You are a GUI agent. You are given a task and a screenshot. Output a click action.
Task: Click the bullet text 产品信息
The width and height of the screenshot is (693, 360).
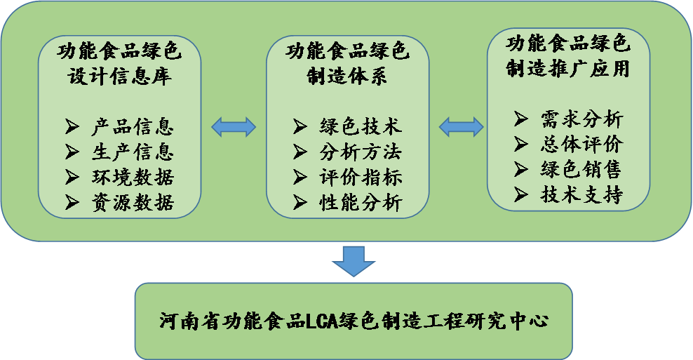point(132,127)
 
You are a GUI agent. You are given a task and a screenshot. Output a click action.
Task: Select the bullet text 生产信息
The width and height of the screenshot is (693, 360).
point(132,152)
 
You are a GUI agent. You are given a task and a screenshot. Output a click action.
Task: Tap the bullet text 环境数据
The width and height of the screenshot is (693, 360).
point(132,176)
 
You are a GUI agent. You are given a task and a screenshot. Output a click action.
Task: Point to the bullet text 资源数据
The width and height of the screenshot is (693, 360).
point(132,202)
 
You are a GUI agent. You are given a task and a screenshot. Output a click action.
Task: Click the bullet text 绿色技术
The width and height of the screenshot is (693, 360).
point(361,127)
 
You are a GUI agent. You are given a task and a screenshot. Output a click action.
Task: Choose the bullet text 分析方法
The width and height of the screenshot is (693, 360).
point(361,152)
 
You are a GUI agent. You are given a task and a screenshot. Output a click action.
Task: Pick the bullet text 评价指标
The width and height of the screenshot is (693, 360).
point(361,176)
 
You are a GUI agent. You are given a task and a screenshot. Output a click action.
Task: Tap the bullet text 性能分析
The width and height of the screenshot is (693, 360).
point(361,202)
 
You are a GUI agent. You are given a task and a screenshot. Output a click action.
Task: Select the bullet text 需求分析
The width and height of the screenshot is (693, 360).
point(581,119)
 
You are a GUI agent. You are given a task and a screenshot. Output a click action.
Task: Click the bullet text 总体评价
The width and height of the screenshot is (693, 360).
point(581,144)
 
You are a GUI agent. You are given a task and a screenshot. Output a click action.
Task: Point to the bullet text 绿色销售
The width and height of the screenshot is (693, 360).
point(581,169)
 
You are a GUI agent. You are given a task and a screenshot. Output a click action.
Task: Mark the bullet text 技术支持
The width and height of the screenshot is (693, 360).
point(581,194)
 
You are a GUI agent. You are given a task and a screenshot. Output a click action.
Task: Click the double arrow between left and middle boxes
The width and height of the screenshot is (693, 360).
point(234,127)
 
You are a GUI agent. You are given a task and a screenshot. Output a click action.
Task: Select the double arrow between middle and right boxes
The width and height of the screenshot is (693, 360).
point(461,127)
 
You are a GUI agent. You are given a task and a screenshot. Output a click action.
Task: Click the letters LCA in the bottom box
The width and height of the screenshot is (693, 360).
point(321,322)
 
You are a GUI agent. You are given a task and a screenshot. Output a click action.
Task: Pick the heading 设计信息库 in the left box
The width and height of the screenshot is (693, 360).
point(120,75)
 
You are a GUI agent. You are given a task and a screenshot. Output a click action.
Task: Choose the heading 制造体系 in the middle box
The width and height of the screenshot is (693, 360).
point(347,76)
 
